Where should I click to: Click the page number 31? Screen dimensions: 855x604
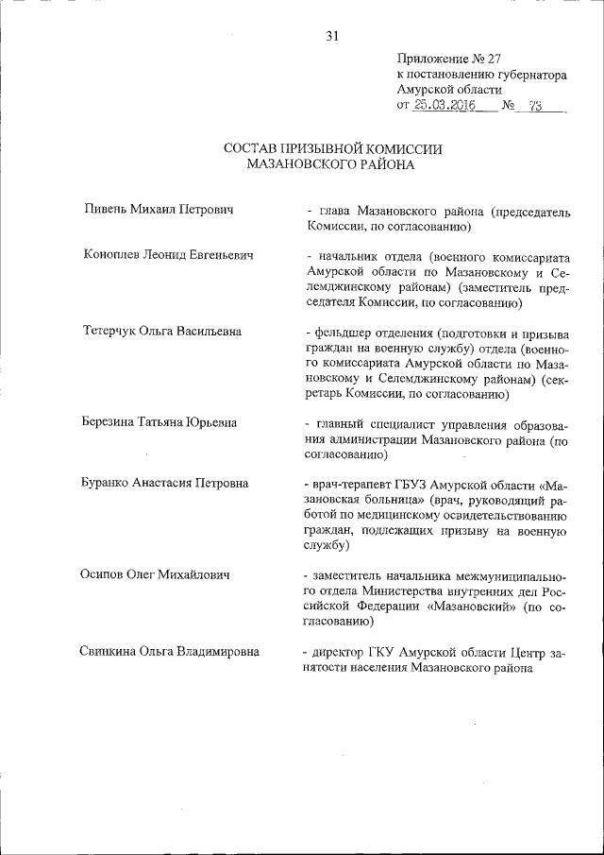pyautogui.click(x=331, y=37)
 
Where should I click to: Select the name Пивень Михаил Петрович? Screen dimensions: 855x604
pyautogui.click(x=158, y=208)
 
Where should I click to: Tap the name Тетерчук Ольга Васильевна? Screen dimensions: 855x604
pyautogui.click(x=161, y=332)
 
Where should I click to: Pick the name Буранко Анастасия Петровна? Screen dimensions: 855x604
pyautogui.click(x=166, y=483)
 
